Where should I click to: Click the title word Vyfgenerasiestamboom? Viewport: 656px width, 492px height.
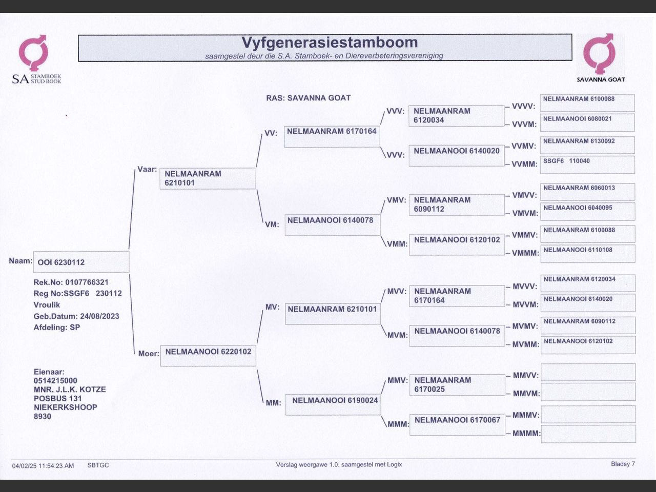pyautogui.click(x=330, y=42)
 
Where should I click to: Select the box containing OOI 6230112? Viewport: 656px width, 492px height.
pyautogui.click(x=81, y=262)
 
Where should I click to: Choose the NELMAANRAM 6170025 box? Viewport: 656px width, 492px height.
pyautogui.click(x=457, y=385)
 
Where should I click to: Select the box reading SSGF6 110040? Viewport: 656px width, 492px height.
pyautogui.click(x=587, y=165)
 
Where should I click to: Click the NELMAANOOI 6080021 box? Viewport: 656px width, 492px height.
pyautogui.click(x=587, y=122)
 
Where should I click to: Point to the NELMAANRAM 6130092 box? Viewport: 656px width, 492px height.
pyautogui.click(x=587, y=145)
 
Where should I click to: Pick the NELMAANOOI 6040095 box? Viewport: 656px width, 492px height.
pyautogui.click(x=588, y=211)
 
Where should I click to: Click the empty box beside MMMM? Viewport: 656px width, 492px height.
pyautogui.click(x=588, y=434)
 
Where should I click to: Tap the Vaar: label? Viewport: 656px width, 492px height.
pyautogui.click(x=147, y=169)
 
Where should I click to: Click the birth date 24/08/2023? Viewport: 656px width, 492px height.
pyautogui.click(x=99, y=316)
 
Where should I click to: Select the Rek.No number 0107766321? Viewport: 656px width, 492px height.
pyautogui.click(x=87, y=282)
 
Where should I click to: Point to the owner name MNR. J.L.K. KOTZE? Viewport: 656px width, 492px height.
pyautogui.click(x=70, y=389)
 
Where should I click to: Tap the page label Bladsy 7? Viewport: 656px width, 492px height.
pyautogui.click(x=623, y=464)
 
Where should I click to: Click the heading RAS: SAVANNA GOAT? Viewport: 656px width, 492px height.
pyautogui.click(x=308, y=98)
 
